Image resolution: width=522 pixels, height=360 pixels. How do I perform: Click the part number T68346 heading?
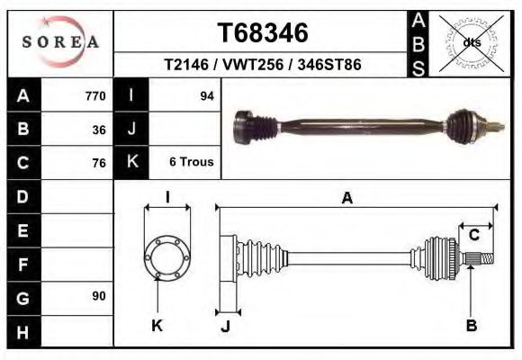tap(263, 33)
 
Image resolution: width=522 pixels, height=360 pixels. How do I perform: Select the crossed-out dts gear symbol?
tap(471, 42)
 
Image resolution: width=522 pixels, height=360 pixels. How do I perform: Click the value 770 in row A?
tap(95, 96)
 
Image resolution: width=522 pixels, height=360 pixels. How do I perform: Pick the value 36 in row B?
tap(99, 130)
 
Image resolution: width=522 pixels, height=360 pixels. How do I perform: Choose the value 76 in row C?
tap(99, 163)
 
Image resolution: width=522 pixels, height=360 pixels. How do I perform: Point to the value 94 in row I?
tap(206, 96)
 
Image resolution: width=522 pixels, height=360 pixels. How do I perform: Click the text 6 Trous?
tap(192, 163)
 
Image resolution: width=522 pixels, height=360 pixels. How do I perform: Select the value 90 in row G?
tap(99, 296)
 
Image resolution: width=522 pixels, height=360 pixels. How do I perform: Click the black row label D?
tap(23, 196)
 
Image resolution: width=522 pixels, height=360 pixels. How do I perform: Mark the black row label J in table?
tap(132, 130)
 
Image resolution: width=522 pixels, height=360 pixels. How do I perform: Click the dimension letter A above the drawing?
tap(347, 199)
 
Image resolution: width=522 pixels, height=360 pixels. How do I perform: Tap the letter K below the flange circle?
tap(156, 325)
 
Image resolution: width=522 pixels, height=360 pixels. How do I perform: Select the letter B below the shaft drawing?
tap(471, 325)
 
